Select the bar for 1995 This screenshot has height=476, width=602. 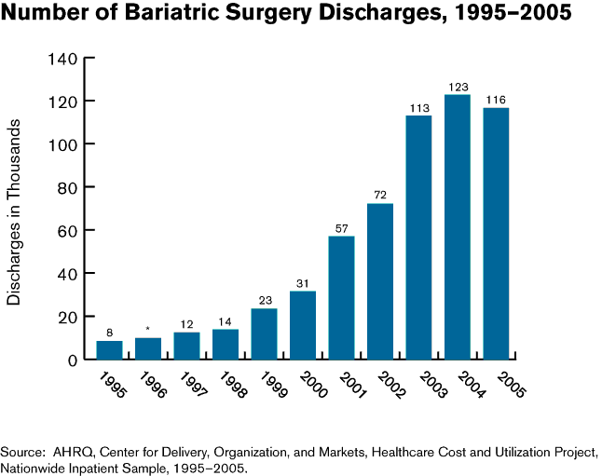click(x=109, y=349)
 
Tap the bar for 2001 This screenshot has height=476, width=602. click(x=341, y=297)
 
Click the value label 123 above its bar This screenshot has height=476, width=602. click(x=458, y=88)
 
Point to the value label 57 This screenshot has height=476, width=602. click(x=341, y=228)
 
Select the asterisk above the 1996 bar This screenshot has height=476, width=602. click(x=147, y=329)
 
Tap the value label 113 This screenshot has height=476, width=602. click(x=418, y=108)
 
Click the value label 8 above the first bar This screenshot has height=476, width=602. click(x=109, y=333)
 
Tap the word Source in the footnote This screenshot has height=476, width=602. click(x=24, y=453)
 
